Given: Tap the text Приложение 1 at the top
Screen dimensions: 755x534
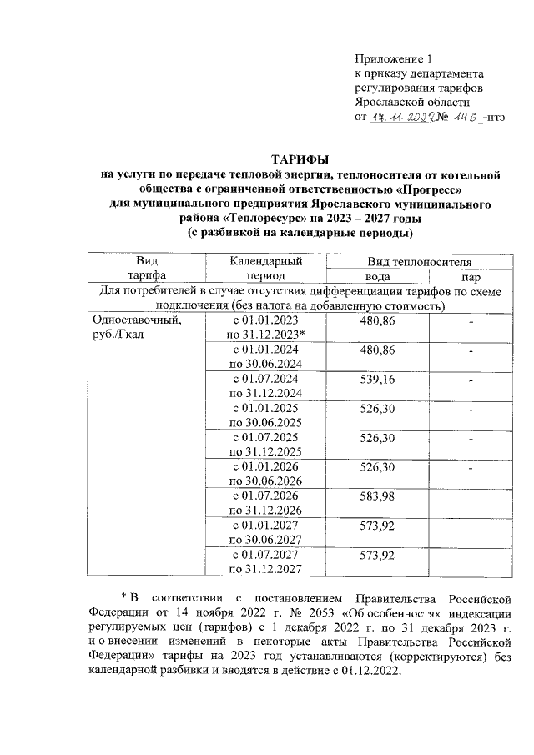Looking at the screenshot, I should [395, 59].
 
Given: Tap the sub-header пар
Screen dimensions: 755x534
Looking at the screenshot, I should [471, 276].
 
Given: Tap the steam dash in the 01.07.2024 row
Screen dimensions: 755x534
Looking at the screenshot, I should [471, 380].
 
